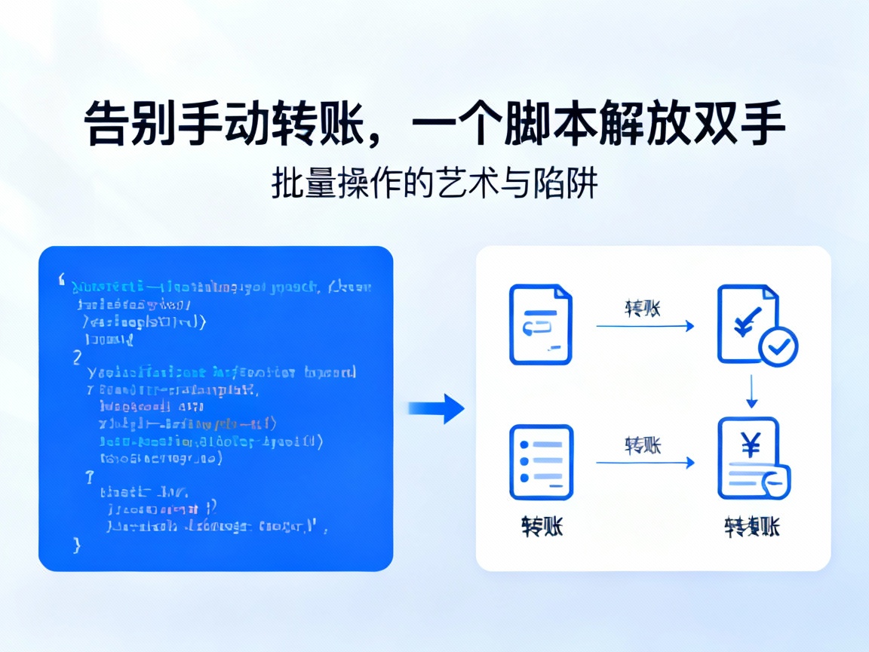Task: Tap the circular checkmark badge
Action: tap(778, 346)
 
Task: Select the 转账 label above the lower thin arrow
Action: tap(643, 445)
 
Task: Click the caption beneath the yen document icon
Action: tap(751, 526)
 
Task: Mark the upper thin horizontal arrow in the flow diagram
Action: tap(645, 326)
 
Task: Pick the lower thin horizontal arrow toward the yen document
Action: tap(645, 463)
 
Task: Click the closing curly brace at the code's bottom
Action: tap(75, 545)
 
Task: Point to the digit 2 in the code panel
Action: tap(77, 357)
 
